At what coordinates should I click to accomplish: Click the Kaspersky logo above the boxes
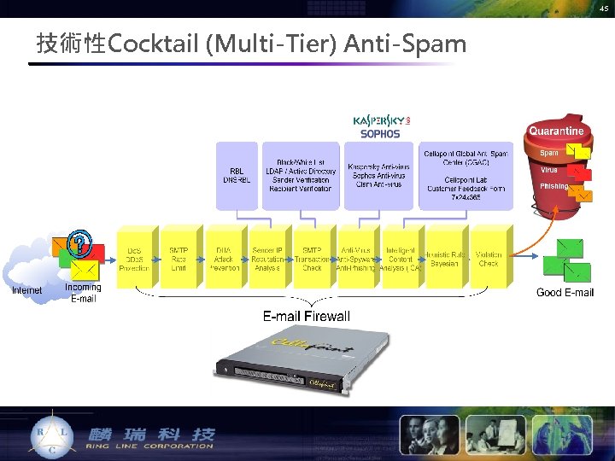tap(381, 120)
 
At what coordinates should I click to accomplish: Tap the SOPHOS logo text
tap(380, 134)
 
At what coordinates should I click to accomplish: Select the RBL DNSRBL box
tap(236, 174)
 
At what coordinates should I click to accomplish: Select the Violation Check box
tap(489, 257)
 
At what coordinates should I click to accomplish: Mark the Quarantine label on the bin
tap(556, 131)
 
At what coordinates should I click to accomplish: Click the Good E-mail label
tap(565, 293)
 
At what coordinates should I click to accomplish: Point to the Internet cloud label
tap(26, 291)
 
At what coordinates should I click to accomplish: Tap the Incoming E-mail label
tap(83, 293)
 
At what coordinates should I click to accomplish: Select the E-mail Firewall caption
tap(306, 316)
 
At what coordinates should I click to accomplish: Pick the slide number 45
tap(604, 9)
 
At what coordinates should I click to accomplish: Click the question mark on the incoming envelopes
tap(80, 244)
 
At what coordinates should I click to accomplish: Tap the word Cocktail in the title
tap(155, 44)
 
